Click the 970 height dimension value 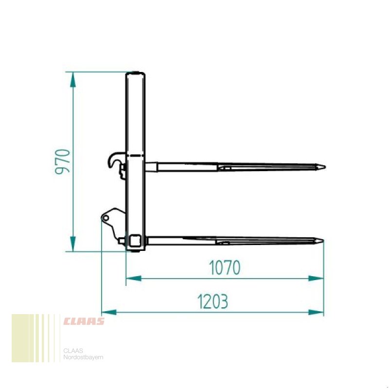tap(63, 162)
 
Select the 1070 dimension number tap(225, 267)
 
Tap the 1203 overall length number tap(212, 301)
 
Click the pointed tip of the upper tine tap(325, 167)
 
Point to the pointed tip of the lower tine tap(323, 241)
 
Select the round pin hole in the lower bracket tap(106, 218)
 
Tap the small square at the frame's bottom tap(134, 240)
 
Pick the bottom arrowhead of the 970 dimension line tap(72, 244)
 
